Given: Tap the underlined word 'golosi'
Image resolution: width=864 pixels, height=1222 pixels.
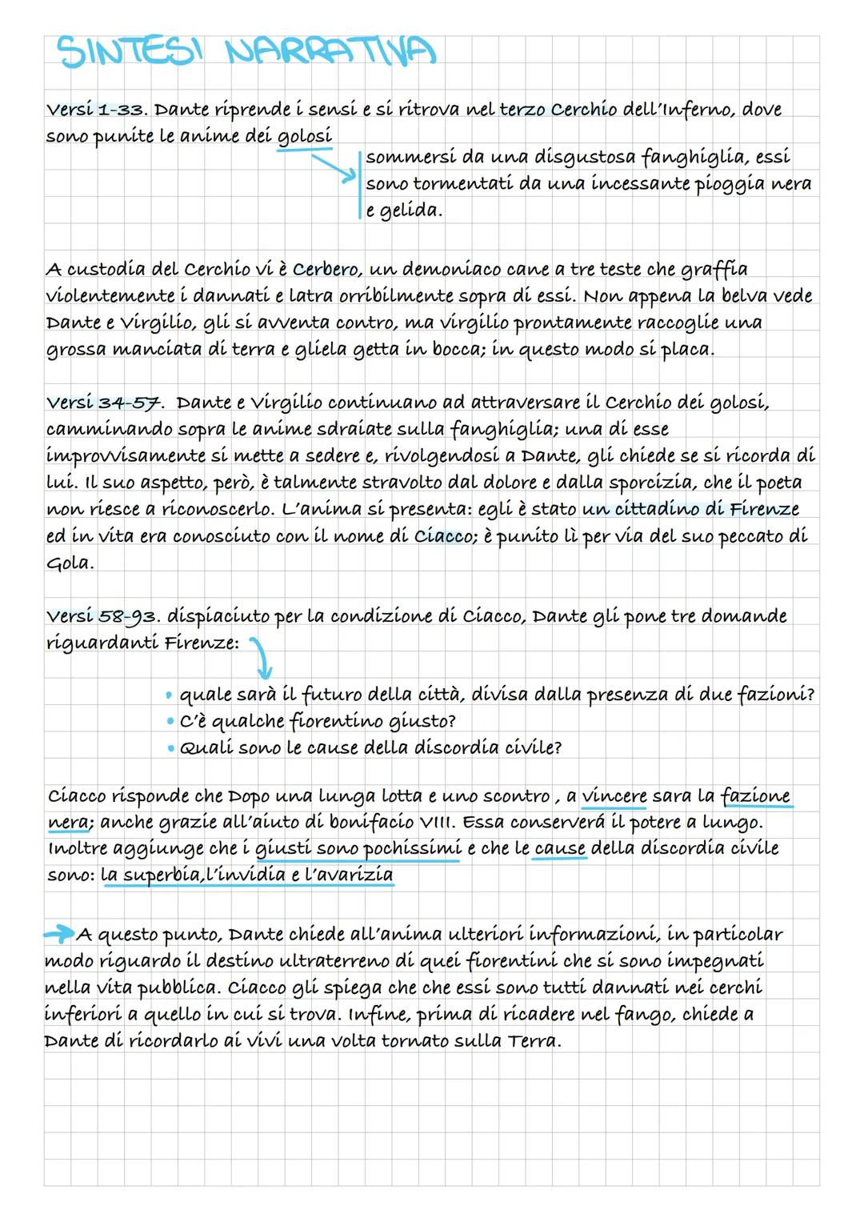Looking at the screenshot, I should [304, 137].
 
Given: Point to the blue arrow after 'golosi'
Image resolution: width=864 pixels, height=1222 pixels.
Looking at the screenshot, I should [332, 169].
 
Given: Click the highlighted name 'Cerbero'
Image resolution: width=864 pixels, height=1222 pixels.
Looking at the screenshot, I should [329, 269].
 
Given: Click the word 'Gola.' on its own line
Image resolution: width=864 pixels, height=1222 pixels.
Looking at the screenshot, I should [70, 563].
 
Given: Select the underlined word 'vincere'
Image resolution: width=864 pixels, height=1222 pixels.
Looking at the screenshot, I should [614, 796].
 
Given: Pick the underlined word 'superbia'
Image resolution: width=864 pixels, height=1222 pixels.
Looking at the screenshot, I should [150, 875].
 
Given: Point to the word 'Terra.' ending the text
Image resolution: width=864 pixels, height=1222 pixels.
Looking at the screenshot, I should [534, 1041].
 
